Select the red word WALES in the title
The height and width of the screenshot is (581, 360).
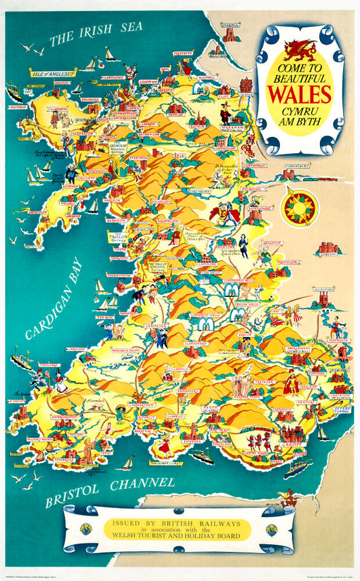(x=299, y=94)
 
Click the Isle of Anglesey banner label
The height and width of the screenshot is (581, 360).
(x=52, y=73)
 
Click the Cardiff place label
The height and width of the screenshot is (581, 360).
(x=290, y=443)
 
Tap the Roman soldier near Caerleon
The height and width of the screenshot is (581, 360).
(x=292, y=383)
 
